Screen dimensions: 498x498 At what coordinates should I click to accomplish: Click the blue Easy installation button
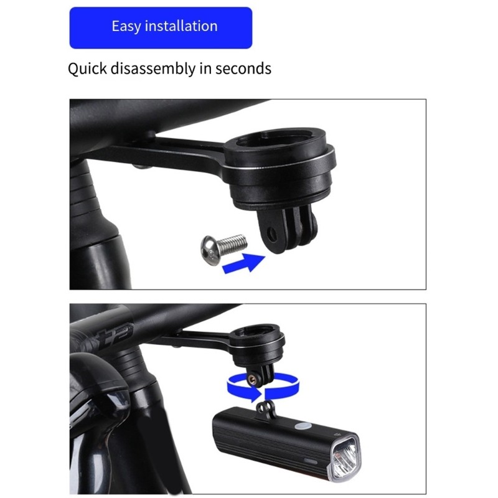(161, 27)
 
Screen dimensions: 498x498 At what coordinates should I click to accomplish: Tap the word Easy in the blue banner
(126, 27)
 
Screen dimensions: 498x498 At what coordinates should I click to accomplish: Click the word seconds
(243, 68)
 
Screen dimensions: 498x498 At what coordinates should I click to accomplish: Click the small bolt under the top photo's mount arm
(135, 166)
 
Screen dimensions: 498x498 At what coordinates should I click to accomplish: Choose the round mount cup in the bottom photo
(258, 342)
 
